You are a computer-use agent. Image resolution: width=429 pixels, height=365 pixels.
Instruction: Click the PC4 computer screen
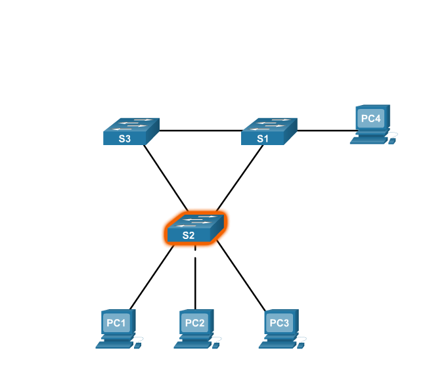tap(371, 119)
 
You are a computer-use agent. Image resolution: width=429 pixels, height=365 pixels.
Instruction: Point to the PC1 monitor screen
tap(116, 323)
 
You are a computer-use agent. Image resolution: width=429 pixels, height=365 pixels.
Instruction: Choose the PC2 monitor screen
tap(195, 323)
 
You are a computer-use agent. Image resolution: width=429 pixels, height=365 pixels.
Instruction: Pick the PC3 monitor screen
tap(279, 323)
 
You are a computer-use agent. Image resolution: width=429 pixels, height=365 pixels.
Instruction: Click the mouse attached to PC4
tap(393, 140)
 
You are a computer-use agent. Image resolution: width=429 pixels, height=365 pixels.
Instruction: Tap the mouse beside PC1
tap(139, 345)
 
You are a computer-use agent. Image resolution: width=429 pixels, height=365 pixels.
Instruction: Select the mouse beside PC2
tap(217, 345)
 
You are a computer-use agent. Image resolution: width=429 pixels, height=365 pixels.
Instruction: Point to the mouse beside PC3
tap(301, 345)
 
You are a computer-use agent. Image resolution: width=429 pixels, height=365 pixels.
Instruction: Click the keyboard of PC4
tap(368, 140)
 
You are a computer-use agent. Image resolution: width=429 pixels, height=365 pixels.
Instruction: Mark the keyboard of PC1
tap(114, 344)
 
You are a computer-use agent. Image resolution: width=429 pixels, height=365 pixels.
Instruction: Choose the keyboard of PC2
tap(192, 344)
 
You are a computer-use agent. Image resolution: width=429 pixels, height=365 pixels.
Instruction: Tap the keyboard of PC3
tap(276, 344)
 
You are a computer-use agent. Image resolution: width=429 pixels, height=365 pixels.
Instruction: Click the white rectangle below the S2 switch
tap(195, 253)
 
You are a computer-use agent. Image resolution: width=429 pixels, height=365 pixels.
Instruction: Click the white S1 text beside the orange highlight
tap(172, 215)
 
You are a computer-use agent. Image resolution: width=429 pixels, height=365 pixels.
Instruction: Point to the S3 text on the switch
tap(125, 139)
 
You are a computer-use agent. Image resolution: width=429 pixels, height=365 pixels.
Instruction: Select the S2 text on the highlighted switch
tap(189, 235)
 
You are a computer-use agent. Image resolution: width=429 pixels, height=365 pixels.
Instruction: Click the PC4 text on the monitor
tap(371, 119)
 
